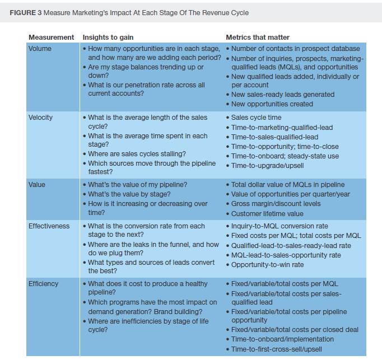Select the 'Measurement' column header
[51, 38]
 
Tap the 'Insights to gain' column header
[108, 38]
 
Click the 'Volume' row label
[40, 49]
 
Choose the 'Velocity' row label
[41, 118]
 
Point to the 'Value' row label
[38, 185]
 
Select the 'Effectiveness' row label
[49, 226]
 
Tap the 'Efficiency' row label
[43, 284]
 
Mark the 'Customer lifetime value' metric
[267, 213]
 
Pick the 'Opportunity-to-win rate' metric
[267, 265]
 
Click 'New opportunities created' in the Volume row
[272, 104]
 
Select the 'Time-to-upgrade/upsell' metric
[268, 166]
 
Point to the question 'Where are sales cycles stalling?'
[137, 154]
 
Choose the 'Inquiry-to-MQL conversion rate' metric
[279, 226]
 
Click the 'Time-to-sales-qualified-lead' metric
[274, 137]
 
